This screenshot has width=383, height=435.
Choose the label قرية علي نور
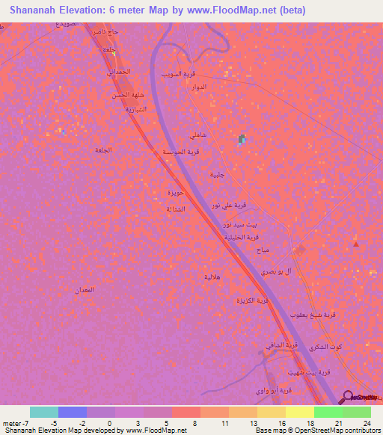pos(226,205)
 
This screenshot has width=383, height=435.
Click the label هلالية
pos(212,277)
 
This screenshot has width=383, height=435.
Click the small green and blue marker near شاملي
pos(242,139)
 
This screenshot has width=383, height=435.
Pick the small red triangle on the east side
pos(355,244)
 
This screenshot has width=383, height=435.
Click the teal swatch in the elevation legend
pos(44,412)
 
